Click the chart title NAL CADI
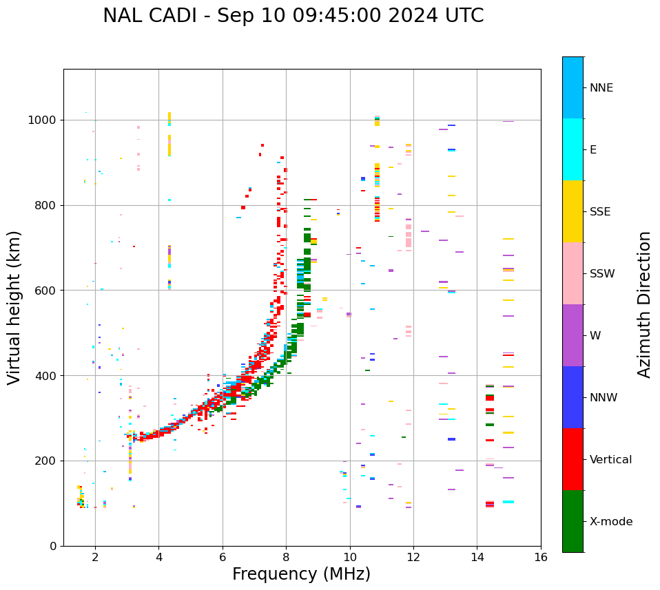coord(293,16)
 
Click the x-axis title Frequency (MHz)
coord(301,574)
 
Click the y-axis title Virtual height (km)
coord(14,307)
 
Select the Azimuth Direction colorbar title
coord(644,304)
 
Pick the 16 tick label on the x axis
coord(541,557)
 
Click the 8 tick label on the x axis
coord(286,557)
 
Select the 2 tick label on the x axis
coord(95,557)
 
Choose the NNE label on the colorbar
coord(601,88)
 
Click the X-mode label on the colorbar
coord(610,522)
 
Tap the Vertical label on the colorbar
coord(610,460)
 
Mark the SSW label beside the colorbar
coord(601,274)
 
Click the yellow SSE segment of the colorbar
coord(573,211)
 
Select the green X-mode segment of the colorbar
coord(573,521)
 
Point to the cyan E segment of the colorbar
coord(573,149)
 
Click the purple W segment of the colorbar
coord(573,335)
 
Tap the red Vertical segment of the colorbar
coord(573,459)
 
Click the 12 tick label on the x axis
coord(413,557)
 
